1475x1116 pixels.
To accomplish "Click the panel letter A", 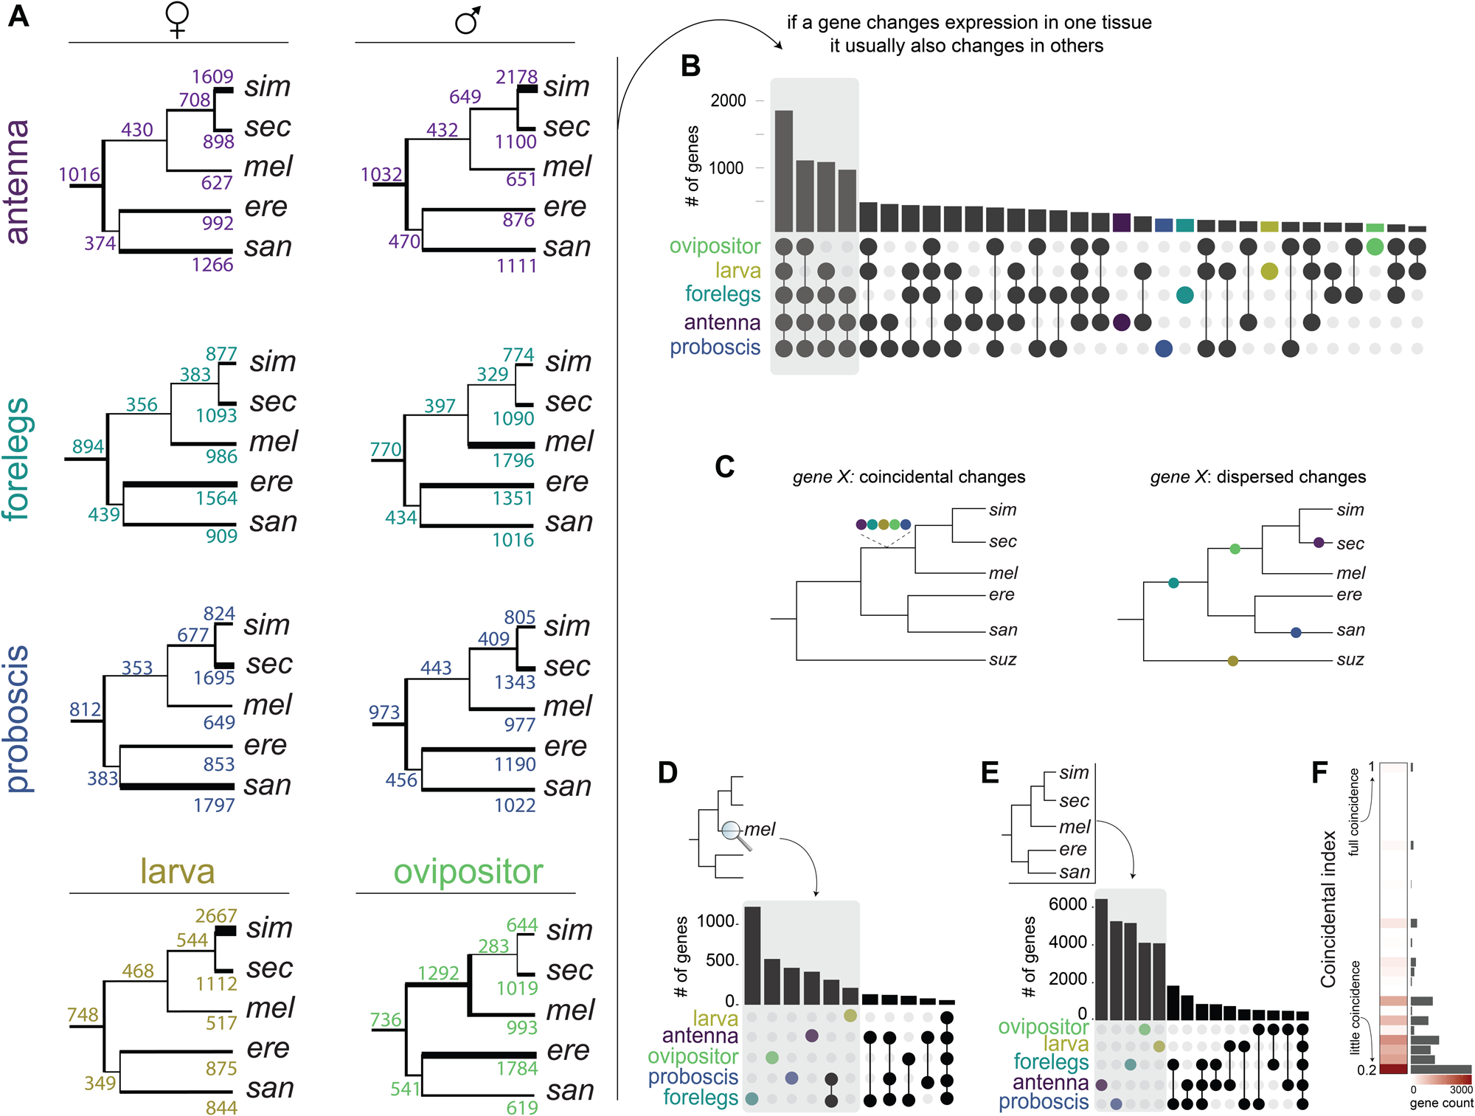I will point(18,16).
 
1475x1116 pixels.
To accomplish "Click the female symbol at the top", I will point(177,19).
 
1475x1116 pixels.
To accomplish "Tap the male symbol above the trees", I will point(468,21).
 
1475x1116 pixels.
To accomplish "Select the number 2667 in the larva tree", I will point(215,915).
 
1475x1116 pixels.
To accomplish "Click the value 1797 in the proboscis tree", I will point(214,805).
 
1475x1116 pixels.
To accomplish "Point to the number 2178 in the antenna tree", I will point(516,77).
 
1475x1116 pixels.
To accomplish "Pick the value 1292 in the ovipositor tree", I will point(438,973).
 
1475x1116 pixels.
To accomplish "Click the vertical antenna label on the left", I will point(18,181).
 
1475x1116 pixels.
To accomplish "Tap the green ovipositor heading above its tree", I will point(468,872).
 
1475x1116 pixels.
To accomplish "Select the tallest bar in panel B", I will point(784,171).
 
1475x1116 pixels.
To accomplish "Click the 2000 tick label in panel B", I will point(728,101).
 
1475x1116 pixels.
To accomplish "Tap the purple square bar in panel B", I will point(1121,223).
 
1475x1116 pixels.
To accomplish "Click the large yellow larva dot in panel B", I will point(1268,271).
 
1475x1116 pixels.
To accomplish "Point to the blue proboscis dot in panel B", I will point(1164,349).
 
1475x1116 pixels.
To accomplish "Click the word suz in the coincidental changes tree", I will point(1002,659).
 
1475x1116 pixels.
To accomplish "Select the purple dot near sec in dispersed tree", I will point(1319,543).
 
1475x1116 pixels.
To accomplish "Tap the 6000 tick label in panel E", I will point(1067,904).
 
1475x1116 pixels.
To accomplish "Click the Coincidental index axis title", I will point(1328,909).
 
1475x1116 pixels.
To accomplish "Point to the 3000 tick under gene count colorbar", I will point(1460,1089).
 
